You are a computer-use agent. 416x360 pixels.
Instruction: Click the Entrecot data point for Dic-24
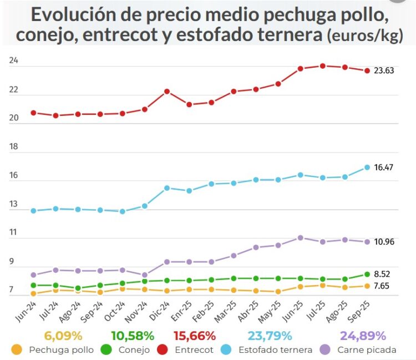click(167, 92)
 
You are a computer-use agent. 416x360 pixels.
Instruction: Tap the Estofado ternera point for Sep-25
click(367, 168)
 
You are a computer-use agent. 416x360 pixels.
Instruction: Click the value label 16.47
click(383, 167)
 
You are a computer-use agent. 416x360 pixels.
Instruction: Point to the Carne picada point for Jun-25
click(300, 237)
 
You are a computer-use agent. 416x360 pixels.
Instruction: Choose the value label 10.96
click(383, 242)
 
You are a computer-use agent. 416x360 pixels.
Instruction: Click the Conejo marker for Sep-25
click(367, 274)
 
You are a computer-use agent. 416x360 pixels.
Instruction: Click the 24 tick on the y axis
click(14, 61)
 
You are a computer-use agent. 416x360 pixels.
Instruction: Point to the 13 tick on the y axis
click(14, 205)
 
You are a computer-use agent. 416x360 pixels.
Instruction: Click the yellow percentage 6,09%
click(63, 336)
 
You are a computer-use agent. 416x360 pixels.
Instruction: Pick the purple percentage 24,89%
click(364, 336)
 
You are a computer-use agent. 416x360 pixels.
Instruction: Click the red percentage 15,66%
click(194, 336)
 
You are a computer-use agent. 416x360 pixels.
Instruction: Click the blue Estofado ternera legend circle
click(227, 350)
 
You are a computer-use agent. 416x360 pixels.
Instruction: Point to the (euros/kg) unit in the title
click(363, 36)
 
